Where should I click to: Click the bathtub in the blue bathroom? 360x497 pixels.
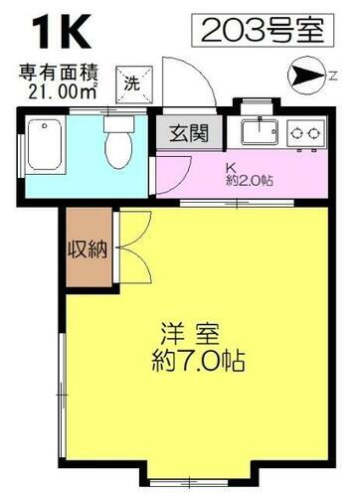click(44, 147)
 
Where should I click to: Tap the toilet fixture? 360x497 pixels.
click(117, 146)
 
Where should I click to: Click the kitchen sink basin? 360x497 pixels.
click(261, 132)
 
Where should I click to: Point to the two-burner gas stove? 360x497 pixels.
click(307, 132)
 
